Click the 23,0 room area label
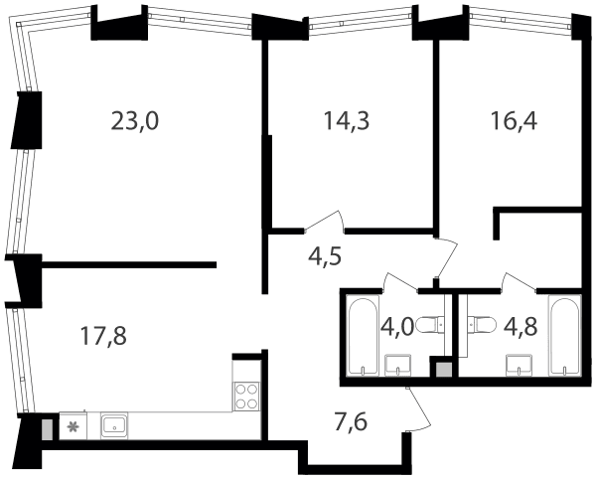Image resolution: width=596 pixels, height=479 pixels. coord(134,121)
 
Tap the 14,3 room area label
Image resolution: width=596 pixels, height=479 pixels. coord(347,121)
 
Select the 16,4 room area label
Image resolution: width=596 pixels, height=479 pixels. coord(514,121)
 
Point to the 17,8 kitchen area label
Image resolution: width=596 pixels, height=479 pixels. coord(103,337)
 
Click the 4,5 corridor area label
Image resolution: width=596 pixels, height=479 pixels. coord(325,257)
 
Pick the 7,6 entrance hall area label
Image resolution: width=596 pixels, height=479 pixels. coord(351,422)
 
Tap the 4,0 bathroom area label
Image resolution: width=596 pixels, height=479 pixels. coord(396,327)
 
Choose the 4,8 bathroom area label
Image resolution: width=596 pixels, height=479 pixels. coord(521,327)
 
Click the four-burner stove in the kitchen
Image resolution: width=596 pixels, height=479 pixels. coord(246,397)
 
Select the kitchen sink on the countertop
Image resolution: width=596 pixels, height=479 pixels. coord(114,425)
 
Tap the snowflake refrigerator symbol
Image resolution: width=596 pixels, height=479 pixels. coord(73,427)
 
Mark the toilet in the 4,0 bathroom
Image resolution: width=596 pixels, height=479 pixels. coord(430,325)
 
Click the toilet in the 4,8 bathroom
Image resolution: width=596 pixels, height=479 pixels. coord(483,325)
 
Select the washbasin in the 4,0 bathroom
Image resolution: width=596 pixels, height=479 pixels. coord(398,365)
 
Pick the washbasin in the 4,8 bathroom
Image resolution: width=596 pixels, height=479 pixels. coord(519,365)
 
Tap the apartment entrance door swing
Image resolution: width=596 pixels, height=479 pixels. coord(418,409)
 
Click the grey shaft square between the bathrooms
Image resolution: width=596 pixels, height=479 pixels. coord(444,370)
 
